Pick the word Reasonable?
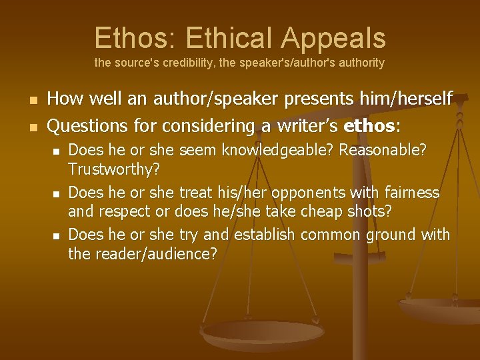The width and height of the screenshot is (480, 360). [383, 150]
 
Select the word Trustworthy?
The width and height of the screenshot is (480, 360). [111, 169]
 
